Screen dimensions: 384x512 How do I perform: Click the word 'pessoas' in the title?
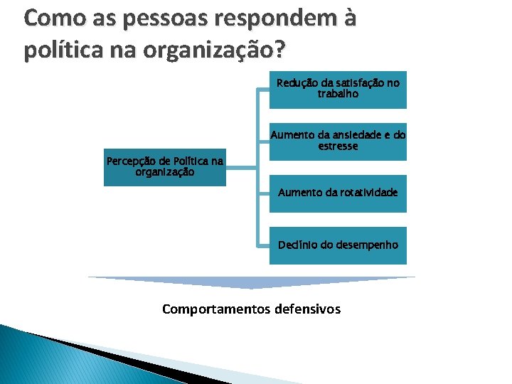pos(151,19)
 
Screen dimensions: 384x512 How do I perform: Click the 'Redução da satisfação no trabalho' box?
pos(338,89)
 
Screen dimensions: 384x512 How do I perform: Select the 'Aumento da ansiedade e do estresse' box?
pos(338,141)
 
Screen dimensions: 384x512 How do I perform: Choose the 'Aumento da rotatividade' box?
pos(338,193)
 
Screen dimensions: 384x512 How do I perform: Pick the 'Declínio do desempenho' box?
pos(338,245)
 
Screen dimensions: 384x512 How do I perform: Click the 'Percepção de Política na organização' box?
pos(164,166)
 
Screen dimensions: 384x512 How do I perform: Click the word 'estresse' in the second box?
pos(338,146)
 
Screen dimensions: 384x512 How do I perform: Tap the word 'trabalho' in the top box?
pos(338,94)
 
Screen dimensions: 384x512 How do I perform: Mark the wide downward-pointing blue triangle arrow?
pos(252,282)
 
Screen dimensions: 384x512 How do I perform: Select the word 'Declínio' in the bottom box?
pos(297,245)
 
